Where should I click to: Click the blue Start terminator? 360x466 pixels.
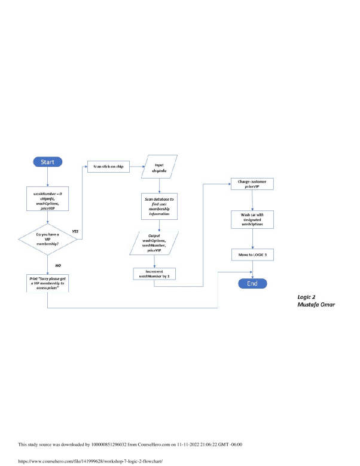click(x=47, y=163)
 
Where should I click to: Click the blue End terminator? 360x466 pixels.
click(x=252, y=284)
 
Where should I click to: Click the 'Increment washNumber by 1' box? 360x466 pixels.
click(x=154, y=275)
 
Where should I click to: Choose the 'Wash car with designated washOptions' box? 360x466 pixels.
click(x=252, y=219)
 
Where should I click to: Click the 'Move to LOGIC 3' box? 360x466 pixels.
click(x=252, y=255)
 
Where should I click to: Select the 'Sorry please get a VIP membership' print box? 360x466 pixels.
click(x=47, y=283)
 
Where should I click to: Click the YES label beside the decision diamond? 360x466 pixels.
click(x=75, y=231)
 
